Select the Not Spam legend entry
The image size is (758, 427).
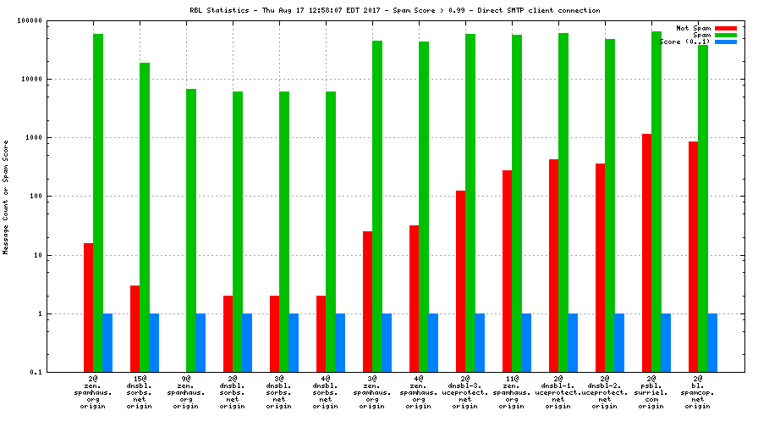pyautogui.click(x=694, y=28)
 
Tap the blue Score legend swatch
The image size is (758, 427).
pyautogui.click(x=726, y=42)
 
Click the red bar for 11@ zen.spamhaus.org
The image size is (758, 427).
pyautogui.click(x=507, y=271)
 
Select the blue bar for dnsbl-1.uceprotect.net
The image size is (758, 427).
pyautogui.click(x=573, y=342)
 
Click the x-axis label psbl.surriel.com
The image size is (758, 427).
pyautogui.click(x=651, y=392)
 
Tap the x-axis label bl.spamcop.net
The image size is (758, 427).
pyautogui.click(x=697, y=392)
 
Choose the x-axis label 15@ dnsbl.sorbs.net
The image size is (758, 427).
pyautogui.click(x=140, y=392)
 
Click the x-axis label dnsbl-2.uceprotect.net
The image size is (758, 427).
pyautogui.click(x=604, y=392)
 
